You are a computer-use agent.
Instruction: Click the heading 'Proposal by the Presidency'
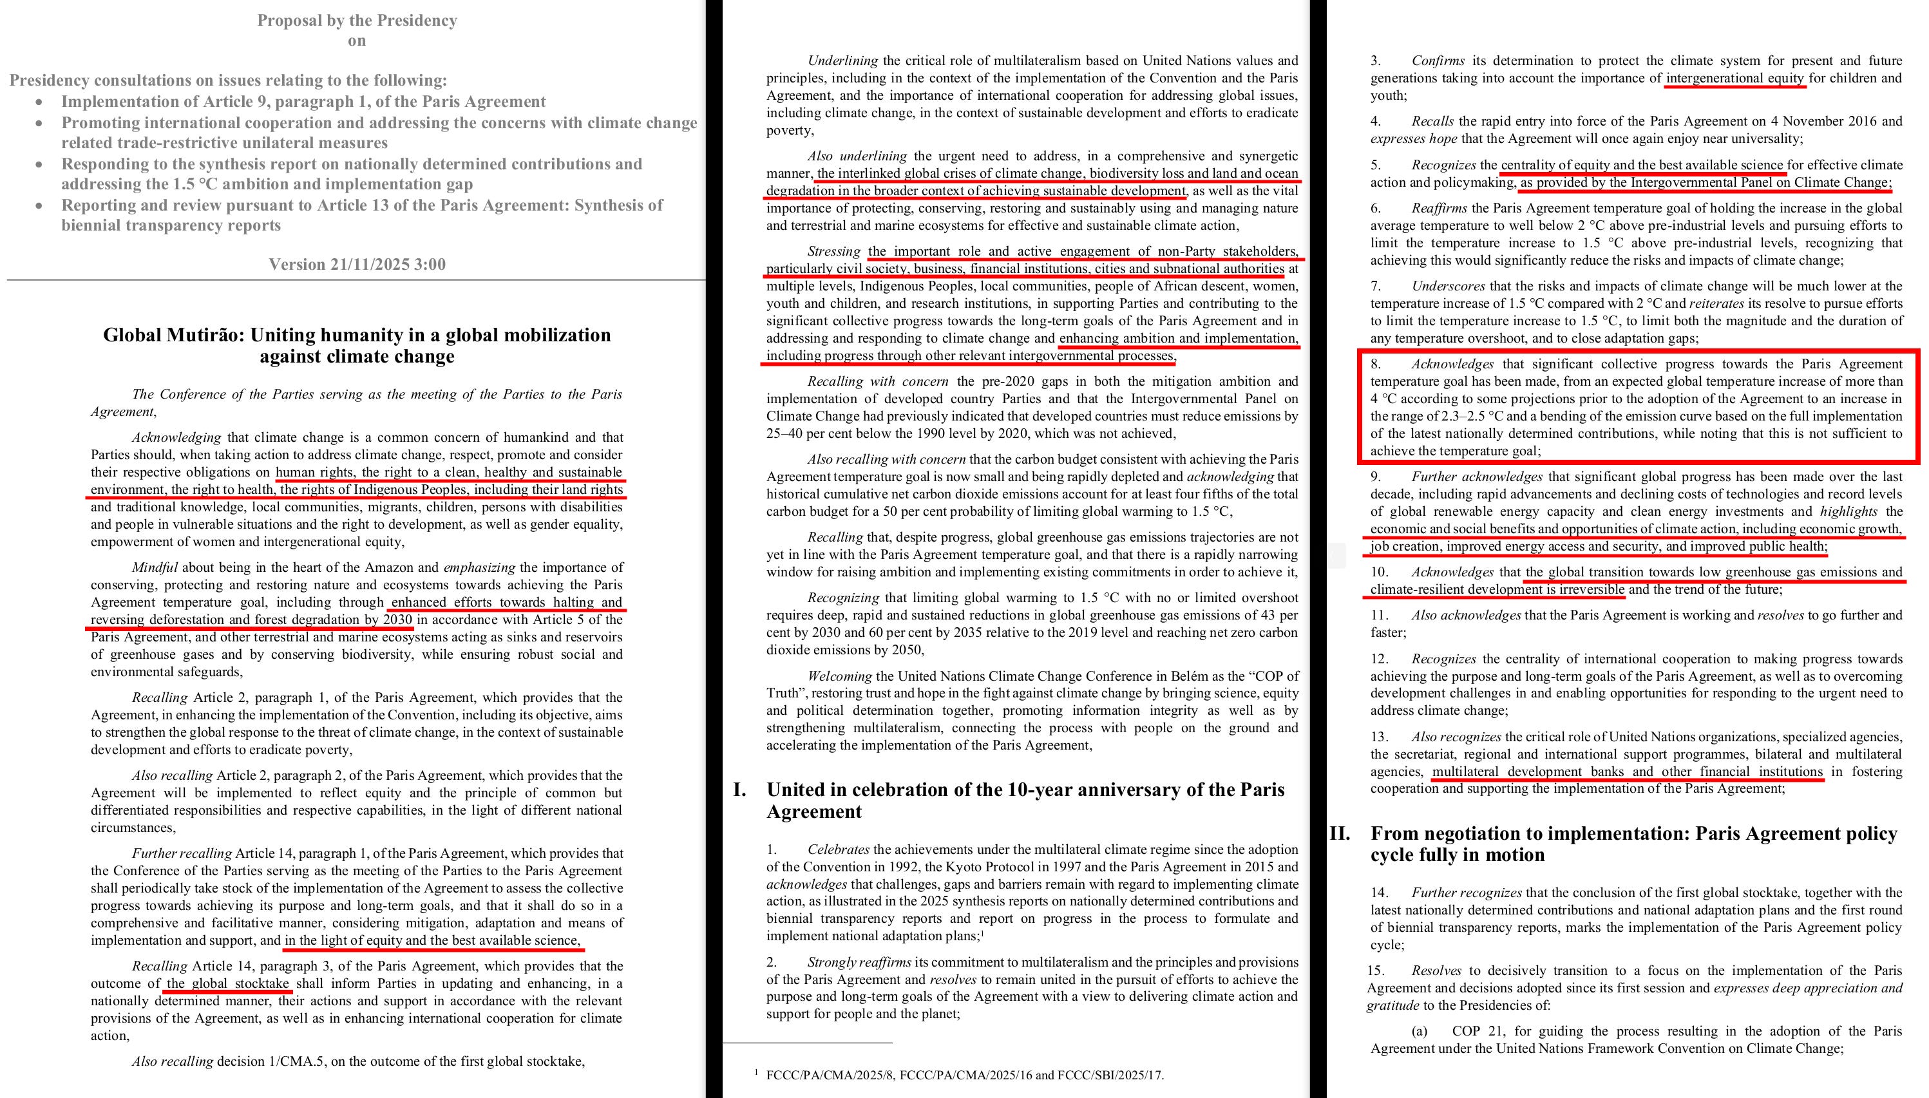coord(357,21)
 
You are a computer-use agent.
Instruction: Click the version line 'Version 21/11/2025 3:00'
coord(357,265)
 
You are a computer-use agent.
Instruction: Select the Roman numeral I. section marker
coord(740,790)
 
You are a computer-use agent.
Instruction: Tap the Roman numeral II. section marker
coord(1339,833)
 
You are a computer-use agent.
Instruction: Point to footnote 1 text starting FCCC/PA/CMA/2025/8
coord(964,1075)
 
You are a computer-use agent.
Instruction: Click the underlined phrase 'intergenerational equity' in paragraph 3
coord(1734,79)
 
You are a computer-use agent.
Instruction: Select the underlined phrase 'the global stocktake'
coord(228,983)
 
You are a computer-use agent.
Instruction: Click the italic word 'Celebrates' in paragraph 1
coord(839,849)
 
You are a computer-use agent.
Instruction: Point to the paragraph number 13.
coord(1378,736)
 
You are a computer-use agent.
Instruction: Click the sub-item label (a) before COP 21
coord(1420,1031)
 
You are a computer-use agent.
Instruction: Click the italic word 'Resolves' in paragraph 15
coord(1436,970)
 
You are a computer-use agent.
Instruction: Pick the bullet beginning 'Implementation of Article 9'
coord(303,102)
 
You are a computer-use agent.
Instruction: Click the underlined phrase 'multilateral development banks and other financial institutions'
coord(1626,771)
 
